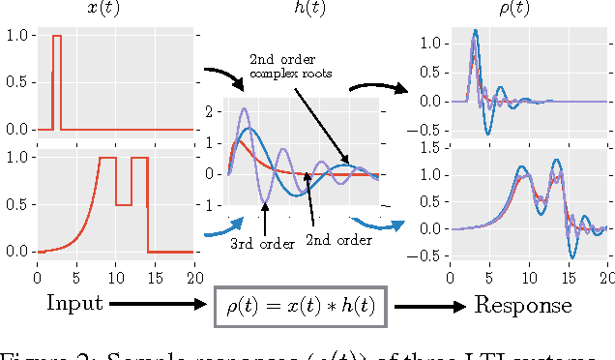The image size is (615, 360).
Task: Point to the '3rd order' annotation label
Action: coord(262,244)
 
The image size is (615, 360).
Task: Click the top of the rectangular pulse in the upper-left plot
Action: coord(57,36)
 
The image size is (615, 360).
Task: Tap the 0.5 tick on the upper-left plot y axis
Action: coord(16,82)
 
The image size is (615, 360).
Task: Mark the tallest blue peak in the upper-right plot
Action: coord(476,31)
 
